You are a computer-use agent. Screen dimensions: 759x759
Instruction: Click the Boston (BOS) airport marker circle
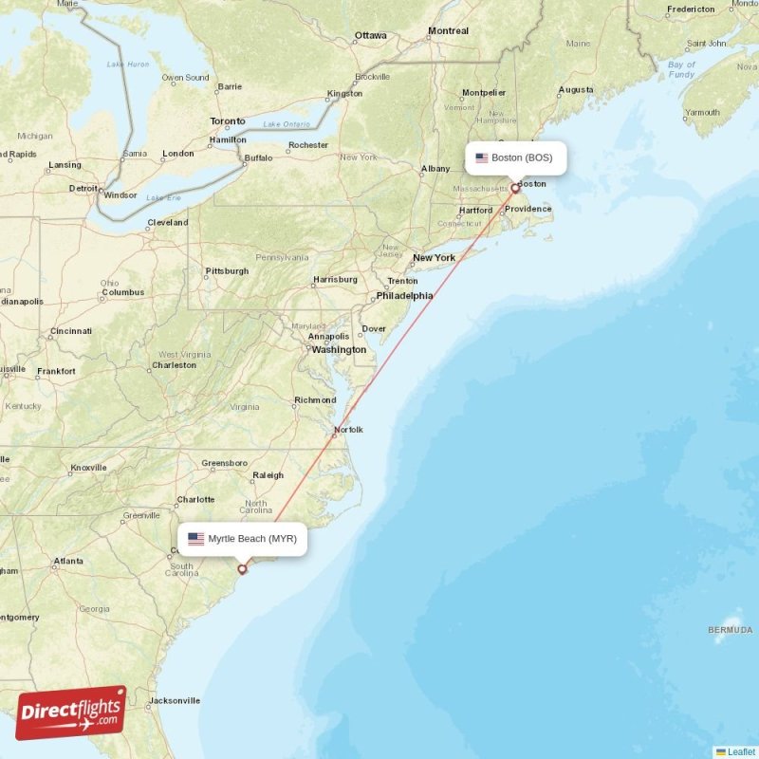[515, 188]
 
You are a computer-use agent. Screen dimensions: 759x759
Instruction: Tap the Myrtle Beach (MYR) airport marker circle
[242, 569]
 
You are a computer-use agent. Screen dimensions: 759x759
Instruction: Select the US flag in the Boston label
[482, 157]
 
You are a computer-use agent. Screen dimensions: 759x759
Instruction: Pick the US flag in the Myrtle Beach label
[196, 539]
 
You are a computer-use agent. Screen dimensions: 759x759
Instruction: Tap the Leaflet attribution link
[741, 751]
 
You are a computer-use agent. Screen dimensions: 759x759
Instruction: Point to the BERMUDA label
[731, 630]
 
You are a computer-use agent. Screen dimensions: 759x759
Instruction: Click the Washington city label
[339, 349]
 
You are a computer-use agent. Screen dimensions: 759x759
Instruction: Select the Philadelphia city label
[404, 295]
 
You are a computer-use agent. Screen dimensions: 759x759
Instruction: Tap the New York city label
[434, 257]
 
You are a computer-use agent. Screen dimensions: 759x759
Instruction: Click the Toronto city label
[228, 121]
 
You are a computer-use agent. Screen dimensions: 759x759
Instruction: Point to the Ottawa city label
[370, 36]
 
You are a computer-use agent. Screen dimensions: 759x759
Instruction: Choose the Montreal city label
[448, 31]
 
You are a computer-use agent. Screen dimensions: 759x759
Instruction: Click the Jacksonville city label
[175, 701]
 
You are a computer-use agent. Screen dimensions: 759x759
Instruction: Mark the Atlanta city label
[67, 561]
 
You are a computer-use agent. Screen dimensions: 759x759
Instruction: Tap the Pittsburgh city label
[227, 271]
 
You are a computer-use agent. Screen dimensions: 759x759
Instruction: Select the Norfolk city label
[347, 430]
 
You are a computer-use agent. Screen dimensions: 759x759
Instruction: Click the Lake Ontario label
[287, 124]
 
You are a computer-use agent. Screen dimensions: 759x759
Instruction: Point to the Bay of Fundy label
[681, 69]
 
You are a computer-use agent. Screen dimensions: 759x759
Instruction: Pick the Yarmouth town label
[702, 112]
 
